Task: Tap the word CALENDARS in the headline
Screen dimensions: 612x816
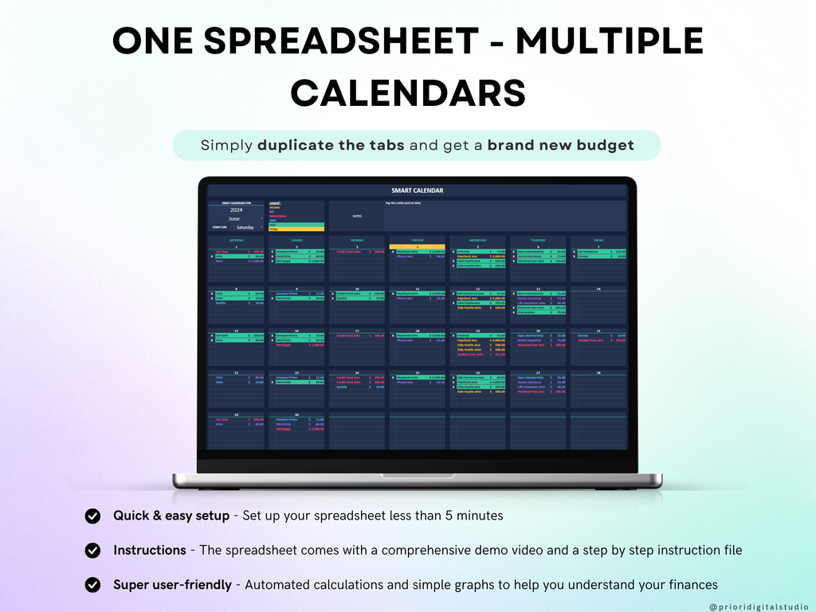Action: point(408,92)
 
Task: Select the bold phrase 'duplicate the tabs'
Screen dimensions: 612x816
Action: point(330,145)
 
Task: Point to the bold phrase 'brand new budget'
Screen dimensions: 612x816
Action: point(561,145)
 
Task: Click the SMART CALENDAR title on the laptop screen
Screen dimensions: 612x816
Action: point(418,190)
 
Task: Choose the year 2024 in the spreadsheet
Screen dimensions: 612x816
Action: point(236,210)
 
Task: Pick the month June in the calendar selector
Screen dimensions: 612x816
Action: point(234,218)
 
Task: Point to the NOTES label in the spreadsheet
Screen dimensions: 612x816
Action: point(357,215)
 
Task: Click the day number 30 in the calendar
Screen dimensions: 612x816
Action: point(296,415)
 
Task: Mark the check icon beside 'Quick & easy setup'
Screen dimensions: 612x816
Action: point(93,516)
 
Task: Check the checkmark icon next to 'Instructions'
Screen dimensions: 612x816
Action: point(93,550)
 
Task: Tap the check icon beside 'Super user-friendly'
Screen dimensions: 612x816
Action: point(93,585)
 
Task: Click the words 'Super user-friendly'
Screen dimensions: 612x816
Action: point(172,585)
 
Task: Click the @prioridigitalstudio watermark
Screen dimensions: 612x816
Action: point(758,606)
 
